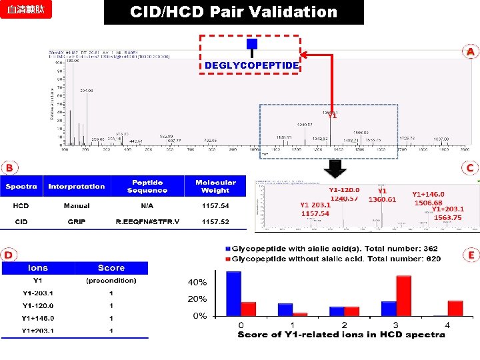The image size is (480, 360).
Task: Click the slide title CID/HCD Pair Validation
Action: pyautogui.click(x=233, y=12)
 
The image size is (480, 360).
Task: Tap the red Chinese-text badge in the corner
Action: pyautogui.click(x=26, y=11)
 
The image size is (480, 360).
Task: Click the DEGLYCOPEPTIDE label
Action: pyautogui.click(x=251, y=65)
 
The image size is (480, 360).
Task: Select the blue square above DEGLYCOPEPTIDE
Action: pyautogui.click(x=251, y=44)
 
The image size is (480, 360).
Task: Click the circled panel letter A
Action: pyautogui.click(x=471, y=51)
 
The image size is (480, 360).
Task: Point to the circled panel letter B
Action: pyautogui.click(x=9, y=165)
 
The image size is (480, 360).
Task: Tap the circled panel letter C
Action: pyautogui.click(x=471, y=168)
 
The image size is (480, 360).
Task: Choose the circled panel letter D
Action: pyautogui.click(x=9, y=255)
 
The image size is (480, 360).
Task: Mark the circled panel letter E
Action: pyautogui.click(x=471, y=255)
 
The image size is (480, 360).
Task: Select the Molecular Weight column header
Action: pyautogui.click(x=215, y=186)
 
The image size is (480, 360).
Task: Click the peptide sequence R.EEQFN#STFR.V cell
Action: pyautogui.click(x=147, y=221)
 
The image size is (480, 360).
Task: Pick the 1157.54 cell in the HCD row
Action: pyautogui.click(x=215, y=206)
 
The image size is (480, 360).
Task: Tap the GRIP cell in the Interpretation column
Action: pyautogui.click(x=76, y=221)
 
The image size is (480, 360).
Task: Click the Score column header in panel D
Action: pyautogui.click(x=111, y=268)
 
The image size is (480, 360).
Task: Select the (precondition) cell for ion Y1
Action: pyautogui.click(x=111, y=281)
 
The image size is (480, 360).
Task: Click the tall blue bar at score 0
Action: pyautogui.click(x=233, y=293)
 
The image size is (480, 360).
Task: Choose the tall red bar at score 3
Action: pyautogui.click(x=403, y=295)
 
